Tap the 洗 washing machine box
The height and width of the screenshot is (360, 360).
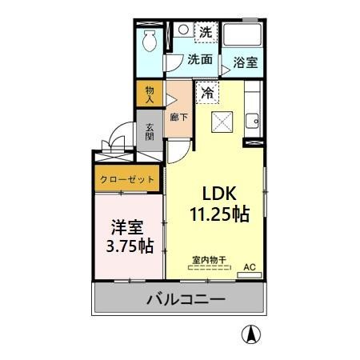[206, 33]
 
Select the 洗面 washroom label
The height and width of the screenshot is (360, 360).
[200, 59]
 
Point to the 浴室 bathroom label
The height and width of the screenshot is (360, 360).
[245, 62]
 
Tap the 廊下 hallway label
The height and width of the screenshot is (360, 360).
[179, 116]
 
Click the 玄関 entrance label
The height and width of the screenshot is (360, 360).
[150, 132]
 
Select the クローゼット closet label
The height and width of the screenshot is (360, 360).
[127, 180]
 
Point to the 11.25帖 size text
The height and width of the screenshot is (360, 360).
[218, 214]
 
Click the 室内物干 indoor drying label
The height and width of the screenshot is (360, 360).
[208, 259]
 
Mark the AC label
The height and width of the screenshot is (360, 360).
[248, 266]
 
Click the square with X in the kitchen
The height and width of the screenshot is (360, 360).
[221, 121]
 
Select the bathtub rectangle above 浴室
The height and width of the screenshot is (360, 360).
[245, 36]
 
